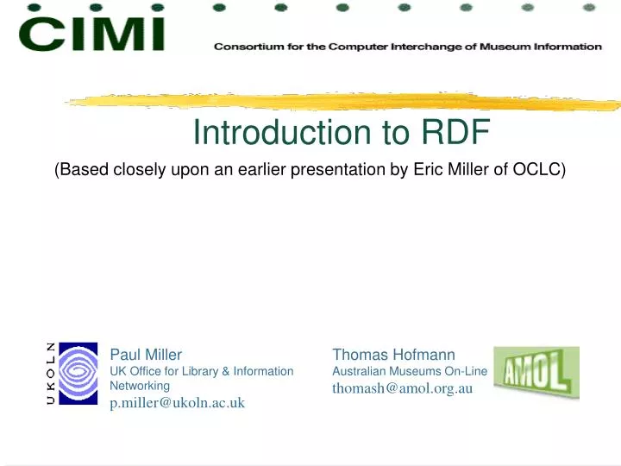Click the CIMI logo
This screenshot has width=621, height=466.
pyautogui.click(x=91, y=35)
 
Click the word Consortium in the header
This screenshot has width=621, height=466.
pyautogui.click(x=247, y=47)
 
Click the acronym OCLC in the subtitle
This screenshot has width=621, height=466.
pyautogui.click(x=538, y=170)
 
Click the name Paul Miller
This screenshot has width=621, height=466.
pyautogui.click(x=146, y=354)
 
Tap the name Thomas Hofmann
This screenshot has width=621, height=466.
pyautogui.click(x=393, y=354)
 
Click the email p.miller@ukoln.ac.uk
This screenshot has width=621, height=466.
pyautogui.click(x=178, y=403)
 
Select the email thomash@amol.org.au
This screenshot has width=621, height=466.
pyautogui.click(x=403, y=388)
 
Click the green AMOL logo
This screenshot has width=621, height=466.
pyautogui.click(x=536, y=372)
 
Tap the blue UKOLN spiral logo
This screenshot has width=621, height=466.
pyautogui.click(x=78, y=374)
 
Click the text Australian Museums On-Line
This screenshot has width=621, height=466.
pyautogui.click(x=410, y=371)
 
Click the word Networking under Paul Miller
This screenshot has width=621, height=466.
pyautogui.click(x=140, y=386)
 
